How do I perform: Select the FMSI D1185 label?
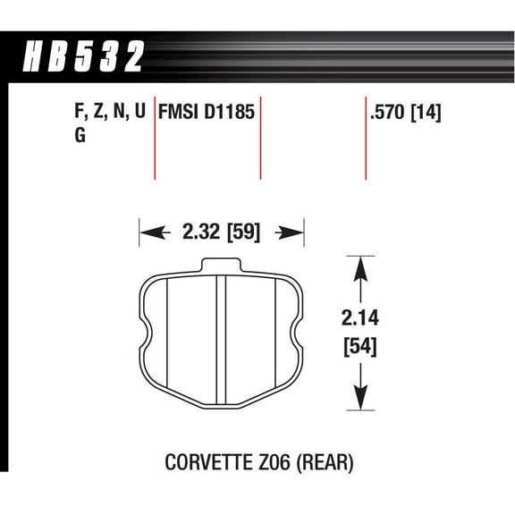tap(207, 114)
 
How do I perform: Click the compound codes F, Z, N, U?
tap(105, 114)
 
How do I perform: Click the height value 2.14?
tap(359, 317)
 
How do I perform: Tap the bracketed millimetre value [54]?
tap(359, 345)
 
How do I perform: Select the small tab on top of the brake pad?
tap(222, 265)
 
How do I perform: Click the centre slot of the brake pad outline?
tap(222, 340)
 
